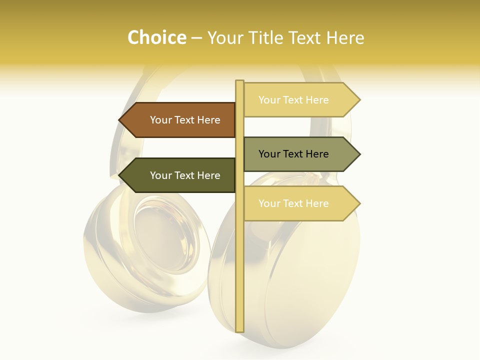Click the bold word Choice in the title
(x=156, y=37)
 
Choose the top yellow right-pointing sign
(x=298, y=100)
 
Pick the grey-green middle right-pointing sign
(x=298, y=154)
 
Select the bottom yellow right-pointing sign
(x=298, y=203)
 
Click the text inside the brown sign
(x=185, y=120)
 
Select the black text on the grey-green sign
(x=293, y=154)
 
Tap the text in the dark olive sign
(x=185, y=175)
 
